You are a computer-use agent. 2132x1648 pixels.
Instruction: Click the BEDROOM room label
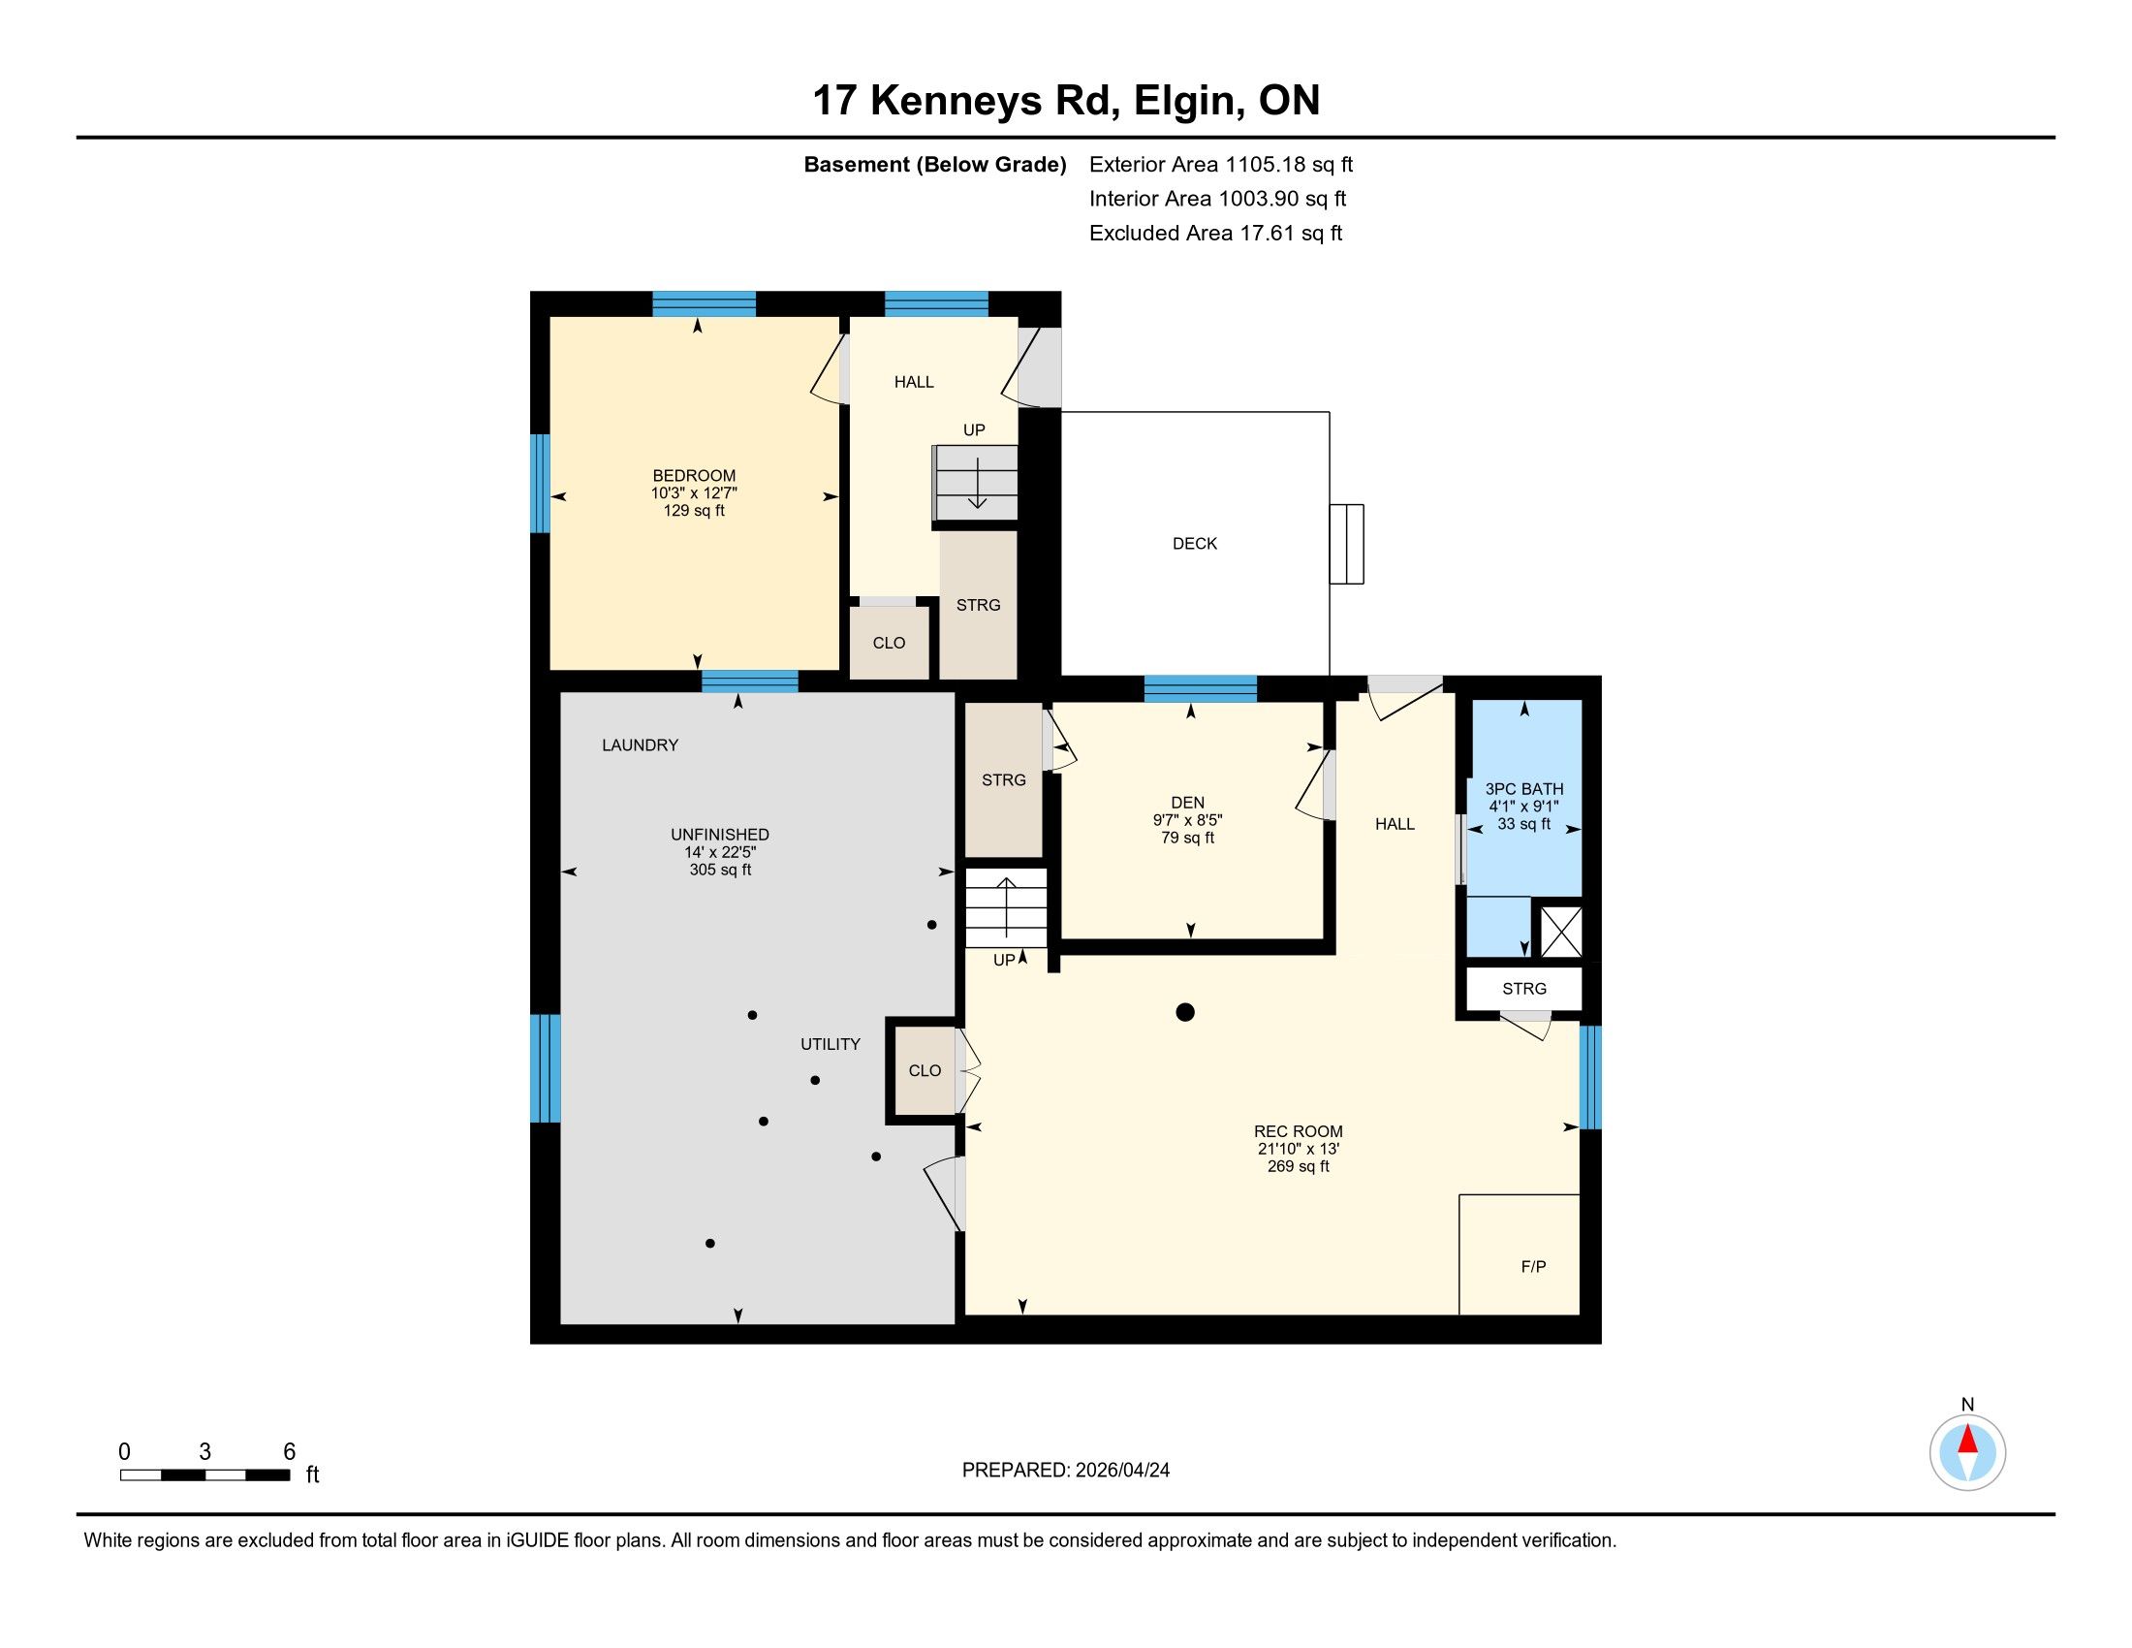coord(694,476)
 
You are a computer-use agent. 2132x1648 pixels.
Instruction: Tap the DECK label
coord(1195,544)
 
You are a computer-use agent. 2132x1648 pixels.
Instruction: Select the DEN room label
coord(1188,803)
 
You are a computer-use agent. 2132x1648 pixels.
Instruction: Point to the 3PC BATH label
coord(1523,789)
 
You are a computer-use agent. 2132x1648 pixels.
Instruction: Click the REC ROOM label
coord(1299,1131)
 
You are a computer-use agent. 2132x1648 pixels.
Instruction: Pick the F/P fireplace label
coord(1534,1266)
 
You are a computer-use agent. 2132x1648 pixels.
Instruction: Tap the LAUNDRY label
coord(640,745)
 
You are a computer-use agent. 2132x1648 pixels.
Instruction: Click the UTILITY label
coord(830,1044)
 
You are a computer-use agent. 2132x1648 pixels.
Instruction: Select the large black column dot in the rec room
coord(1185,1012)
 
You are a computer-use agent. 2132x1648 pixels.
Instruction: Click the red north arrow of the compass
coord(1967,1440)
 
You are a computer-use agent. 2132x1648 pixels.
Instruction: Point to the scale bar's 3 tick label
coord(205,1452)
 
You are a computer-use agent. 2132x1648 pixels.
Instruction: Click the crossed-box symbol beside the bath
coord(1560,932)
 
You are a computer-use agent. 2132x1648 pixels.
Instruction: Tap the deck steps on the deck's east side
coord(1346,544)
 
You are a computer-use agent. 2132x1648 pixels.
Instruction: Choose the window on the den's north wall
coord(1200,688)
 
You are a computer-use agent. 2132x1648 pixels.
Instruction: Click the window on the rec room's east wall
coord(1590,1077)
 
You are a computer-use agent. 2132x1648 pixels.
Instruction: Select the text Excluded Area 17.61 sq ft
coord(1215,234)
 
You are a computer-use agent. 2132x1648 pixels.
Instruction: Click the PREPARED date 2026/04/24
coord(1120,1471)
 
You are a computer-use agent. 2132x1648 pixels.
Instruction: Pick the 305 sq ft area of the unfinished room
coord(720,870)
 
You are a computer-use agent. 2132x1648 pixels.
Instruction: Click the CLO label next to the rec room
coord(925,1071)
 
